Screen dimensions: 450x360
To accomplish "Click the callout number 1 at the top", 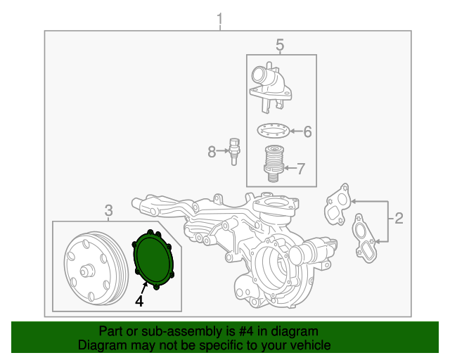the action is click(219, 17).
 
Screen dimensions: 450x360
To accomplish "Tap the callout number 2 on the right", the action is click(399, 218).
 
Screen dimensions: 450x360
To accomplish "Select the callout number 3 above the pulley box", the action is click(108, 210).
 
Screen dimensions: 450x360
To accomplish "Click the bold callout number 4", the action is click(139, 301).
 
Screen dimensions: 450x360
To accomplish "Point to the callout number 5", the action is click(279, 46).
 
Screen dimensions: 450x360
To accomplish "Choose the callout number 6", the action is click(307, 131).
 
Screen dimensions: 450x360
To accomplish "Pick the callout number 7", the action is click(301, 168).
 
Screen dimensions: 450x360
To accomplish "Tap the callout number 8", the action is click(212, 150).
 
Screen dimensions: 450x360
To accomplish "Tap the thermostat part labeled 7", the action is click(272, 164).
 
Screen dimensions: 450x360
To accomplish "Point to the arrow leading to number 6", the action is click(294, 131).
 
